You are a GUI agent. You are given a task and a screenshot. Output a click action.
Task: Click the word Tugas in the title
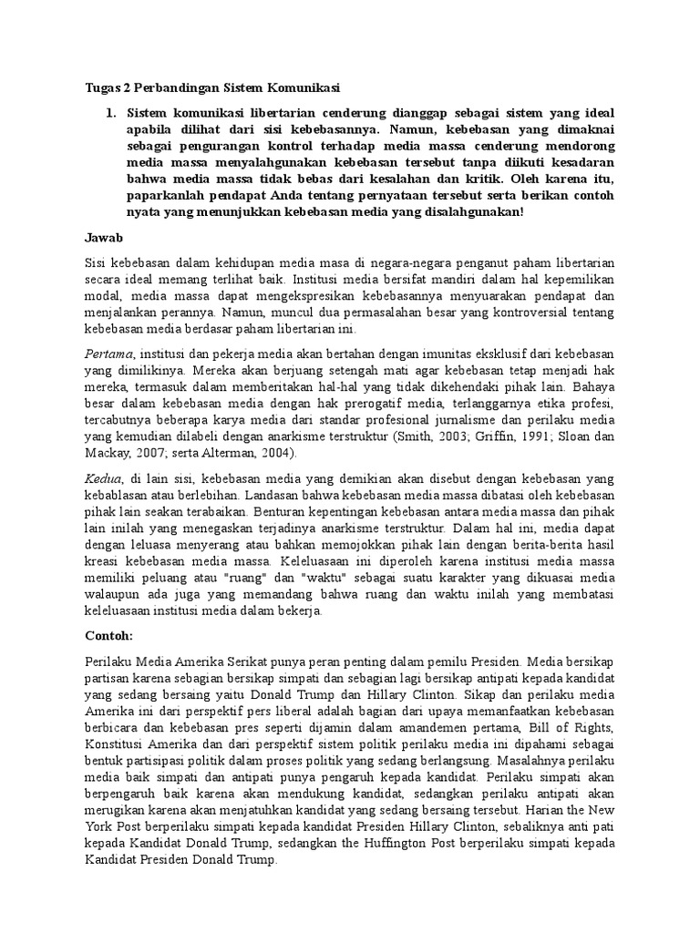(89, 87)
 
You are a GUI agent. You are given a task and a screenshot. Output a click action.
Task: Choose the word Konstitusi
(109, 742)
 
